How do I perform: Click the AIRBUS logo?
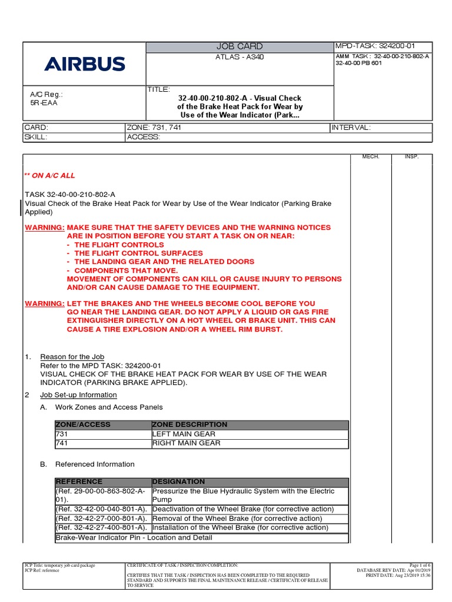(x=85, y=63)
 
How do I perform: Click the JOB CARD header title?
(x=240, y=46)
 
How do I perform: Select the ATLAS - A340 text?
(x=240, y=57)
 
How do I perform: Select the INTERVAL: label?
(x=352, y=128)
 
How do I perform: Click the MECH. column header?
(x=371, y=157)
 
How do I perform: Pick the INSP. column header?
(x=411, y=157)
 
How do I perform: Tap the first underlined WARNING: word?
(x=45, y=228)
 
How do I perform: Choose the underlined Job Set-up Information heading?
(x=78, y=394)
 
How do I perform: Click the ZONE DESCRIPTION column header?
(x=190, y=424)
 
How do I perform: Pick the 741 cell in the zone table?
(x=62, y=443)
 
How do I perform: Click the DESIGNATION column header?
(x=179, y=481)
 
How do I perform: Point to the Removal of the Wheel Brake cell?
(x=237, y=519)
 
